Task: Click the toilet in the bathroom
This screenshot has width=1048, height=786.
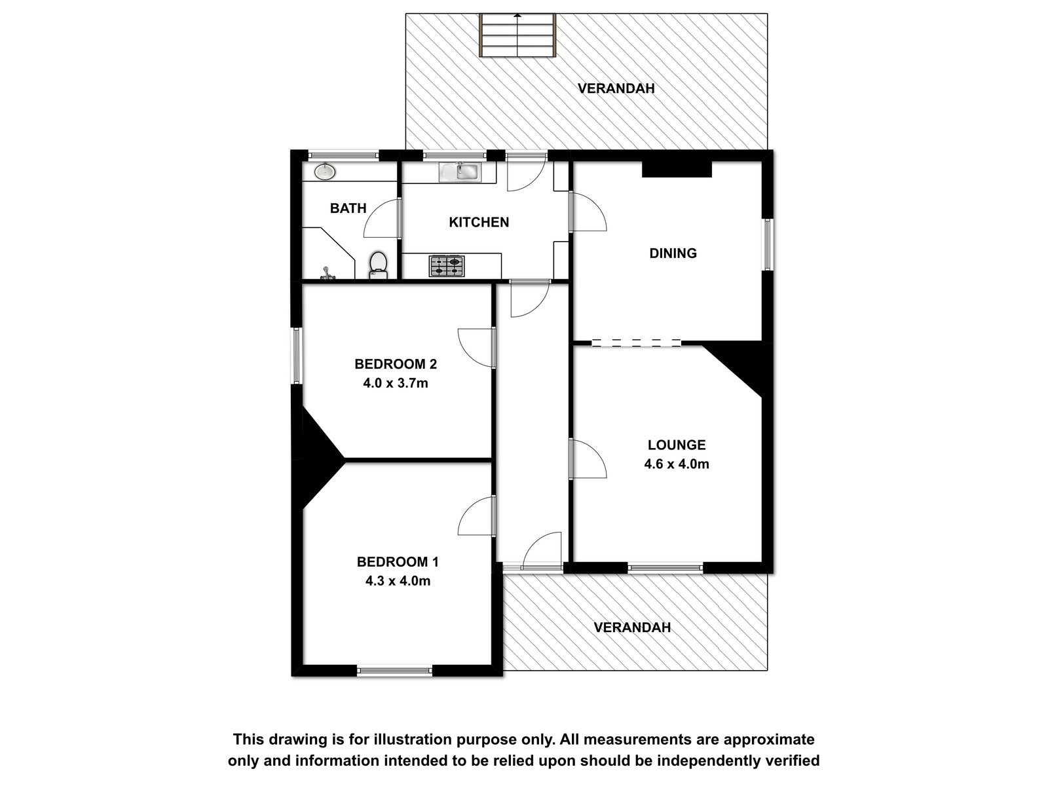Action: tap(378, 265)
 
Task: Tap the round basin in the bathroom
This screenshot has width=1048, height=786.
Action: tap(325, 172)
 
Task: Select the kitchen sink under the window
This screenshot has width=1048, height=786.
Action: tap(460, 172)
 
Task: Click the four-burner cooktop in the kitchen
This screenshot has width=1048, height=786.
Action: tap(447, 267)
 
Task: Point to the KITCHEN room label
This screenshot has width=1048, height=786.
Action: tap(479, 223)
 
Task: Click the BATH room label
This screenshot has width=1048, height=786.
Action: tap(348, 208)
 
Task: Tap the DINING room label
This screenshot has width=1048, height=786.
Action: tap(673, 253)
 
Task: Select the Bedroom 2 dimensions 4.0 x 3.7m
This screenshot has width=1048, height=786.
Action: tap(396, 383)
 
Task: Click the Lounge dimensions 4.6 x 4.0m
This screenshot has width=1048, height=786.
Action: tap(677, 464)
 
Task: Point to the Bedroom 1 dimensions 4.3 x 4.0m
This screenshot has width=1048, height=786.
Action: tap(398, 581)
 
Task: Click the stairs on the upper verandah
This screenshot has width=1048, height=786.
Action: tap(517, 35)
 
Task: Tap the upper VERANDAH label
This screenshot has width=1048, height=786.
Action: tap(616, 88)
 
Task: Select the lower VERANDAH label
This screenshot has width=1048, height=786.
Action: tap(632, 627)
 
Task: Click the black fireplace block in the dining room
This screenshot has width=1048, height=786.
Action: tap(677, 170)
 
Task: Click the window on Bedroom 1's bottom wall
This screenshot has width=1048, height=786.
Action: tap(394, 671)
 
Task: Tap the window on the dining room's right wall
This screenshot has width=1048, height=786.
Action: tap(767, 244)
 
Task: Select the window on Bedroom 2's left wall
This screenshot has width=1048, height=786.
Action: tap(297, 356)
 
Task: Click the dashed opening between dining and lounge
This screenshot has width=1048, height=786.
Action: tap(636, 342)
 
